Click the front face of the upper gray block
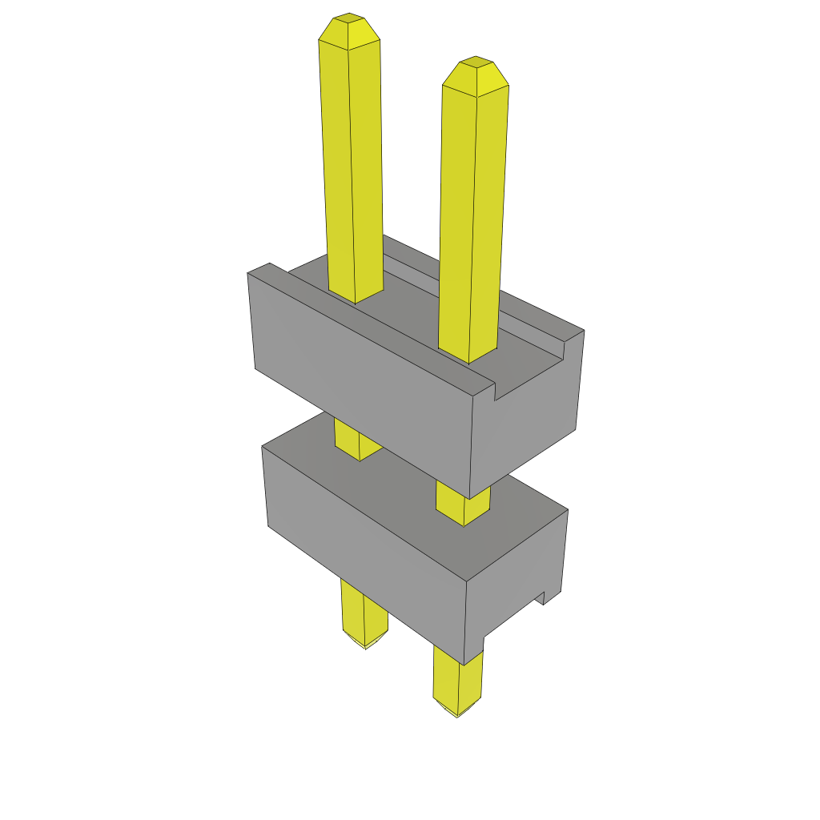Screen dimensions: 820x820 (x=360, y=376)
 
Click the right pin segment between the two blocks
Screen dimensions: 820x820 (x=463, y=504)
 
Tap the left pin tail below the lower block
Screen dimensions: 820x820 (x=364, y=613)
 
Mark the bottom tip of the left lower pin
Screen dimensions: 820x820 (x=366, y=644)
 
